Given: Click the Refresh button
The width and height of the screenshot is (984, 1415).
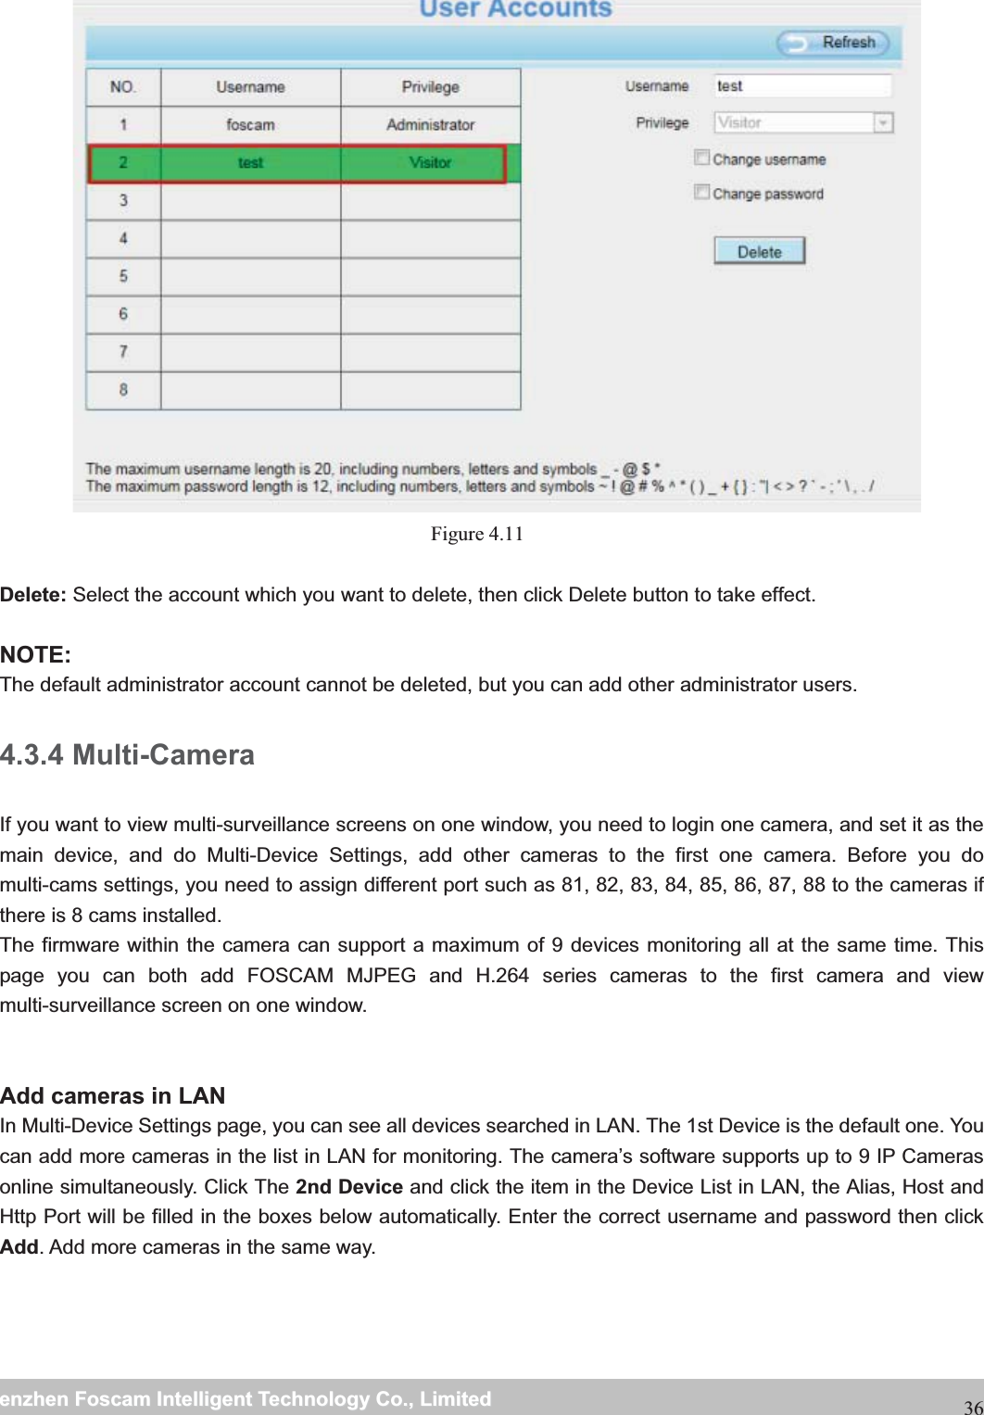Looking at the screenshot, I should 833,43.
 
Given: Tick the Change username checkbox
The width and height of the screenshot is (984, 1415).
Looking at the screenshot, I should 702,158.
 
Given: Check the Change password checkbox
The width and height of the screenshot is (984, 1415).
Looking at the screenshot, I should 702,193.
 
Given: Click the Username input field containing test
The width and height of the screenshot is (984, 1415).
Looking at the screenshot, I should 801,86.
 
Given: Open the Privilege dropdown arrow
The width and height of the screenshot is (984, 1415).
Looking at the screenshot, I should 883,123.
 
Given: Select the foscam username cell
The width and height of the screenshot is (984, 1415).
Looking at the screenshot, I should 250,125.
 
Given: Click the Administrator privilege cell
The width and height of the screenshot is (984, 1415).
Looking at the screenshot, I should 430,125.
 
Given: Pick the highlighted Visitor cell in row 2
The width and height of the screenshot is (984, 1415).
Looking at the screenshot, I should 430,163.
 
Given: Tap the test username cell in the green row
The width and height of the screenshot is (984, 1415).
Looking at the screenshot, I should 250,163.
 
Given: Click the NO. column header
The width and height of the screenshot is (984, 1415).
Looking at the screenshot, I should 123,87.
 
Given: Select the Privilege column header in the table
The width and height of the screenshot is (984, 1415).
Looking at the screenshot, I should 430,87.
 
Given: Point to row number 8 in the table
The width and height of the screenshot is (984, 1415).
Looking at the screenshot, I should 123,390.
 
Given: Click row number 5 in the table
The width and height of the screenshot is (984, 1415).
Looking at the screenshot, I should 123,276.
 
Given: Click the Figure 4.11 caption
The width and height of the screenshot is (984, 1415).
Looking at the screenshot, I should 477,534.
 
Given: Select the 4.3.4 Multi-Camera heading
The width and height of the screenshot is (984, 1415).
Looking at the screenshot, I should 128,755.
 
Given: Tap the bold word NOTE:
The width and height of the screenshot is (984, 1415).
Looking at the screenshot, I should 35,655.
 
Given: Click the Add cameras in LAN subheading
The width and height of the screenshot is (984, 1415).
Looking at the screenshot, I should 113,1096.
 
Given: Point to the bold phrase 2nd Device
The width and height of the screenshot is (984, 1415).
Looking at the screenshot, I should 348,1187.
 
